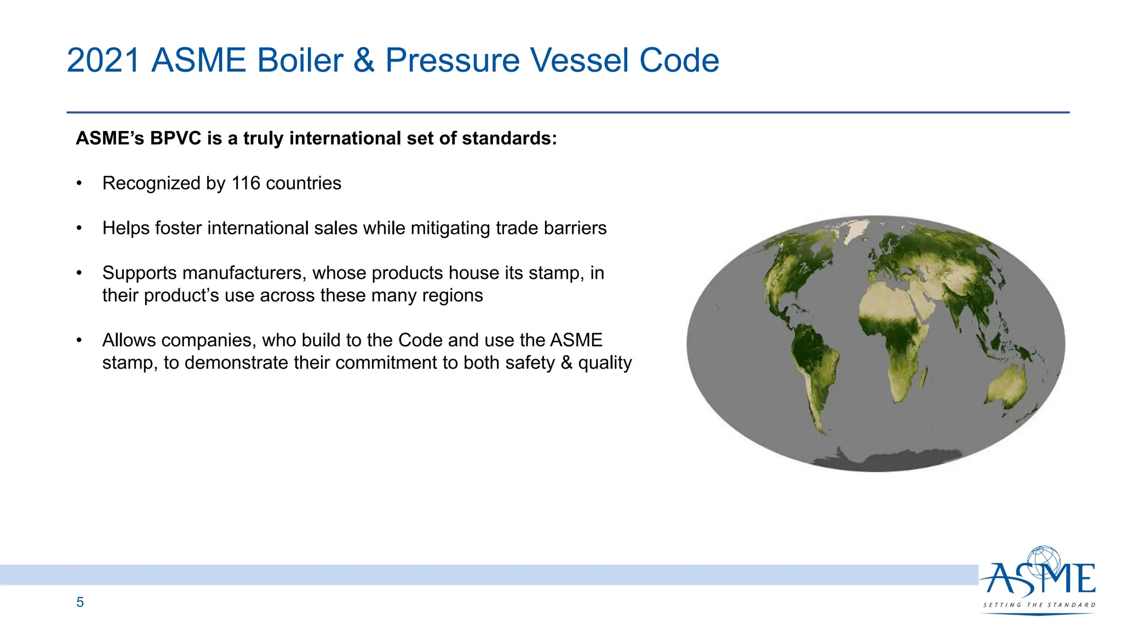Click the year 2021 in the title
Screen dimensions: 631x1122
[x=103, y=60]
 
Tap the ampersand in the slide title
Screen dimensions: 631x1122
[x=364, y=60]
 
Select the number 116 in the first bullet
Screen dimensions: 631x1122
[x=245, y=183]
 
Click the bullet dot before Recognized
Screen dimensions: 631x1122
[x=79, y=183]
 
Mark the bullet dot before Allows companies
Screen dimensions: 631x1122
[x=79, y=341]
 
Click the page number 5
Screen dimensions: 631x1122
[x=80, y=603]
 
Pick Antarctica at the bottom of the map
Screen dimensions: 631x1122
[x=888, y=460]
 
